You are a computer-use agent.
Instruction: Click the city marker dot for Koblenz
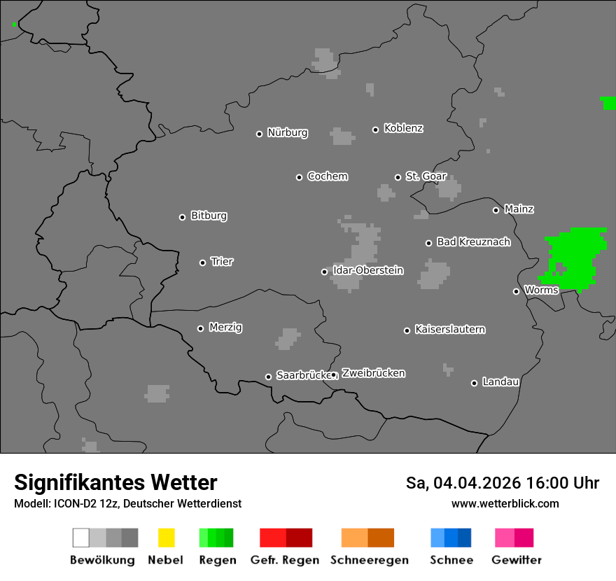(375, 129)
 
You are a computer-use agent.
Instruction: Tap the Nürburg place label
(287, 132)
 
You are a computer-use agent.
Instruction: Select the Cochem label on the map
(327, 176)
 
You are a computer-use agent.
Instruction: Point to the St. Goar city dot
(398, 177)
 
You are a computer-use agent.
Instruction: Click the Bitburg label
(209, 216)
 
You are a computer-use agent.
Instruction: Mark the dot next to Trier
(202, 262)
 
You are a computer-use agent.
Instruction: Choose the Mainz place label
(519, 209)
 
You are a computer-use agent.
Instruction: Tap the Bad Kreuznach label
(473, 242)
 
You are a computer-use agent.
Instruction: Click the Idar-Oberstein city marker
(324, 272)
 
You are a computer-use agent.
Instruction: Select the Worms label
(541, 290)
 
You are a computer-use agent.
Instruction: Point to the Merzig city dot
(200, 328)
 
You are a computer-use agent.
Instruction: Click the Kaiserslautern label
(449, 329)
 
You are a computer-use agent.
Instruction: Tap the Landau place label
(500, 382)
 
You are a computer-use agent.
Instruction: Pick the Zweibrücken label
(373, 373)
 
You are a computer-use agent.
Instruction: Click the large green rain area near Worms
(575, 255)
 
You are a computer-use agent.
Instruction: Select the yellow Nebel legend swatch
(166, 538)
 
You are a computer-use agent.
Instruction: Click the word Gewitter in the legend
(517, 560)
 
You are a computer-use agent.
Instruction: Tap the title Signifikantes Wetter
(115, 483)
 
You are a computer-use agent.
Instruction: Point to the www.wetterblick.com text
(505, 503)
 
